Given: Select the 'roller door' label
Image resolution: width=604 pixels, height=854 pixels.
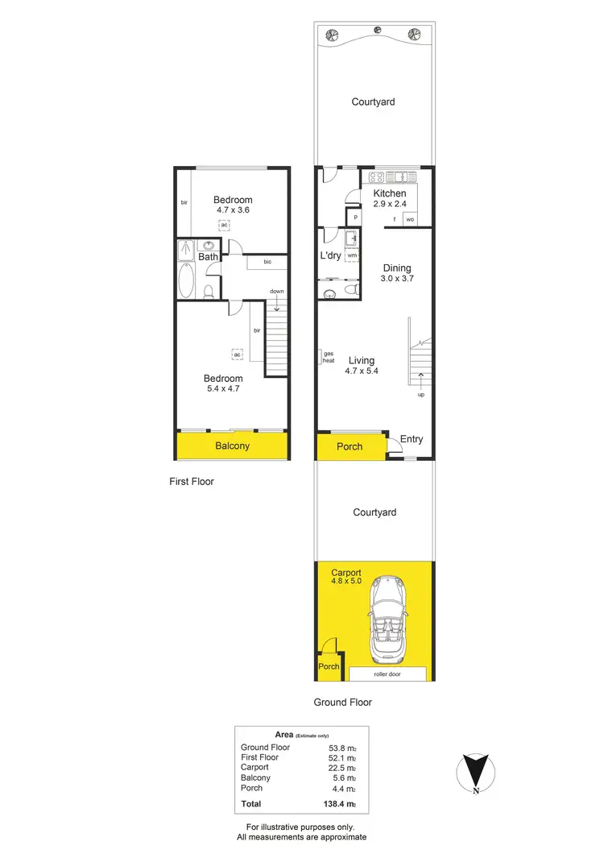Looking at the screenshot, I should [x=388, y=673].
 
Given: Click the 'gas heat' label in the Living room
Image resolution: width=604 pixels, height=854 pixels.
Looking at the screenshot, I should [x=329, y=357].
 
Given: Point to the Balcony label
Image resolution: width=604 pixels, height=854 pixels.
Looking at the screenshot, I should [x=232, y=446].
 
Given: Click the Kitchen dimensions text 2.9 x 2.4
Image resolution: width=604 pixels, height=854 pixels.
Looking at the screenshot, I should [x=390, y=205].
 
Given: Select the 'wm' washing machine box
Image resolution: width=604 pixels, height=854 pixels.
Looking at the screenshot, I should [x=352, y=255].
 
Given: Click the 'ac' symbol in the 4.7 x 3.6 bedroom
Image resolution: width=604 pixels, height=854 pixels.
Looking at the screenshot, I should [x=225, y=225].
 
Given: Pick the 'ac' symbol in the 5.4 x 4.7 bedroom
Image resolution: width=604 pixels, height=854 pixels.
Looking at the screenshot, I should [x=238, y=354].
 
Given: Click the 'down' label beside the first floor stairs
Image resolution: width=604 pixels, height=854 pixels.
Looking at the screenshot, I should [x=277, y=291].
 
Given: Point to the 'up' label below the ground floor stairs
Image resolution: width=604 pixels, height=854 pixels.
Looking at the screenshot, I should [x=420, y=395].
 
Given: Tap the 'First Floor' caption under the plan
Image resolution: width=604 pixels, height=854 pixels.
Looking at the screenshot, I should [x=192, y=482].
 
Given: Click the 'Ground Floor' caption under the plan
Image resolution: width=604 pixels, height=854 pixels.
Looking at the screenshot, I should [x=343, y=703].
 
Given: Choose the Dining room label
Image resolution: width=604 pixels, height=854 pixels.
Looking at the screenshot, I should [x=396, y=268].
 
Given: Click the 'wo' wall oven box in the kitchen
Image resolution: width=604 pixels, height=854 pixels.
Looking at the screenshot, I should [x=410, y=219].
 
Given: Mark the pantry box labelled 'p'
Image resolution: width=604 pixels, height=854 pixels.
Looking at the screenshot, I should [x=354, y=217].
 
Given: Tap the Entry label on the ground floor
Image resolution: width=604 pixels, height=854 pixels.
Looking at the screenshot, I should [x=412, y=439].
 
